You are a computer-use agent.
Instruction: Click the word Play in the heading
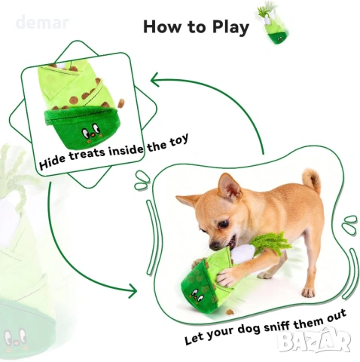click(230, 27)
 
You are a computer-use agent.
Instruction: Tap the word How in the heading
click(162, 26)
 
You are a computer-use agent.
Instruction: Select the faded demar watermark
click(42, 22)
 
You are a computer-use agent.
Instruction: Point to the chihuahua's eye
click(223, 223)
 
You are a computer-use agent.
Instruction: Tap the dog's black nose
click(214, 246)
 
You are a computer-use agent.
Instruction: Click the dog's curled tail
click(311, 180)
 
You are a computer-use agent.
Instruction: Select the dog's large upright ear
click(228, 186)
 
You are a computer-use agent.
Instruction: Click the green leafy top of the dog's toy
click(272, 242)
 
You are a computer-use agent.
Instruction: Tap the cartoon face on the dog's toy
click(197, 295)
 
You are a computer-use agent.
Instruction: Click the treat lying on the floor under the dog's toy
click(230, 312)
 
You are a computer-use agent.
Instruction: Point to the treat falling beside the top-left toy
click(121, 103)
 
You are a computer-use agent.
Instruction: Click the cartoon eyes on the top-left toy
click(90, 130)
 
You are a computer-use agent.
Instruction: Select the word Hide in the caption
click(53, 161)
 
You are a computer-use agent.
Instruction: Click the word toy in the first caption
click(178, 140)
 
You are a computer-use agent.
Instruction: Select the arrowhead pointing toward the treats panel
click(155, 79)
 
